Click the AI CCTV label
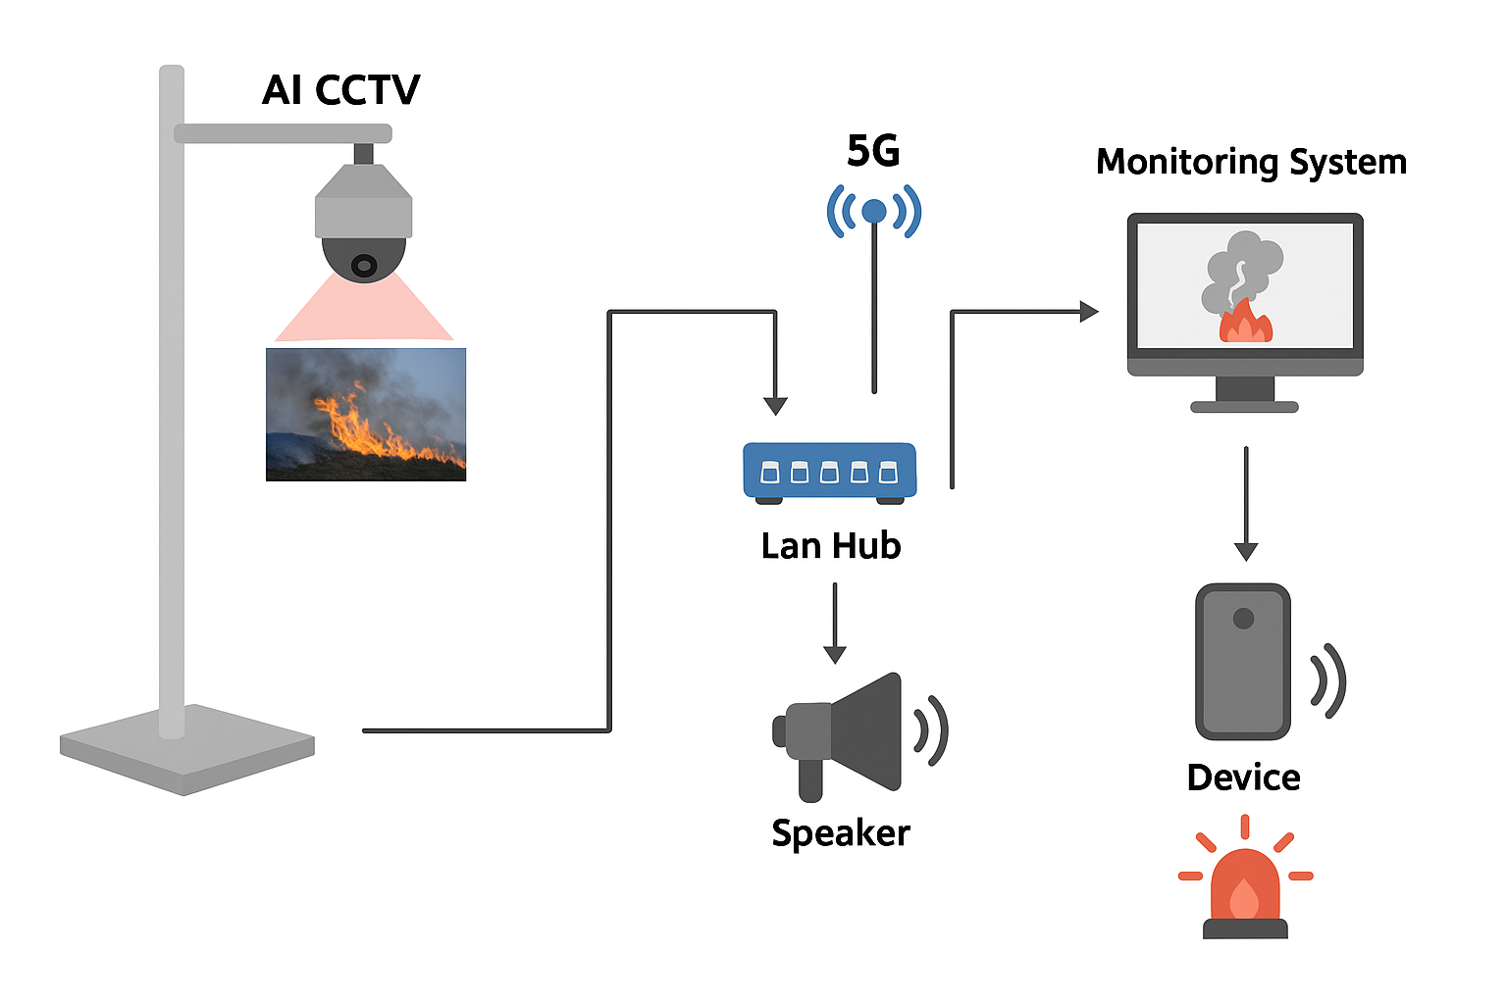point(340,90)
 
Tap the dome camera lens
point(364,265)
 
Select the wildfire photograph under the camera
point(366,414)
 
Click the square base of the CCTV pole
point(186,749)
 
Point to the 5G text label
point(873,151)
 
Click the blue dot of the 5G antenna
point(873,211)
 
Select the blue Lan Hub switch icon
point(830,472)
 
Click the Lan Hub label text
point(831,546)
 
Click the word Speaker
point(841,832)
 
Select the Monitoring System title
point(1251,162)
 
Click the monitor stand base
point(1244,406)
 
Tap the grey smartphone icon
point(1243,662)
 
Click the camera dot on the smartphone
point(1243,619)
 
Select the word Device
point(1243,778)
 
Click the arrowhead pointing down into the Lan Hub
point(775,406)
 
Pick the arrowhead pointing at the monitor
point(1088,312)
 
